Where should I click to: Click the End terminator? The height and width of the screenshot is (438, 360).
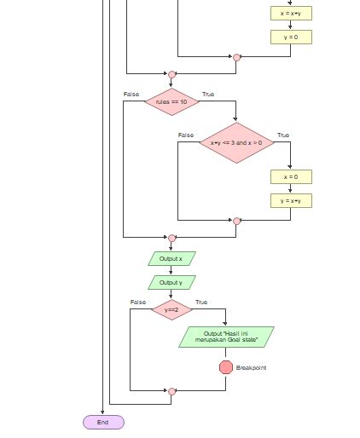(x=103, y=422)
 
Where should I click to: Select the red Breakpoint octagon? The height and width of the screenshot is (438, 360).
(x=226, y=367)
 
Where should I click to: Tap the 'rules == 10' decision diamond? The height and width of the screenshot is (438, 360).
(x=171, y=101)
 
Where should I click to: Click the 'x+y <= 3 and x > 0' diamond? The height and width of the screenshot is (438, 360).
(x=236, y=142)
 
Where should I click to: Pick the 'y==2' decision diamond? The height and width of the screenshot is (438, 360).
(x=171, y=310)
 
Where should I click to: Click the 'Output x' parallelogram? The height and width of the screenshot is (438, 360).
(x=171, y=258)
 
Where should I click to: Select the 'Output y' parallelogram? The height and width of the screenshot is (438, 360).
(x=171, y=282)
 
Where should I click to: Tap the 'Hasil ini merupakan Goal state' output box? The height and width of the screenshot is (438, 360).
(x=226, y=337)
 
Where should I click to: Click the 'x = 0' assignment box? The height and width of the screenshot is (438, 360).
(x=291, y=176)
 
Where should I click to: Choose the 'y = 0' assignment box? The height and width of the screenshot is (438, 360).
(x=291, y=37)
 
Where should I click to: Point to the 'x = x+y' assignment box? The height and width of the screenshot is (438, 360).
(x=291, y=13)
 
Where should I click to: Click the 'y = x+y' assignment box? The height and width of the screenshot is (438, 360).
(x=291, y=200)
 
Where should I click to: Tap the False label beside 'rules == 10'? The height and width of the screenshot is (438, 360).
(x=131, y=94)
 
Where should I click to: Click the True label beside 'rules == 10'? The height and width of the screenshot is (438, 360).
(x=208, y=94)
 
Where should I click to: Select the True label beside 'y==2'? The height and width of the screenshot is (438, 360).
(x=201, y=303)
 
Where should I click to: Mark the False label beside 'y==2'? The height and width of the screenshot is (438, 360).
(x=138, y=303)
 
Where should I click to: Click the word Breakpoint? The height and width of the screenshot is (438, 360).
(x=251, y=368)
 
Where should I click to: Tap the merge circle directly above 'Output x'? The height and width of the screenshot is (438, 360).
(x=171, y=238)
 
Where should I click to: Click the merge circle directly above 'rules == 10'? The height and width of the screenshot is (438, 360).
(x=171, y=74)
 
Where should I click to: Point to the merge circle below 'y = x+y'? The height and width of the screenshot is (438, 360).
(x=236, y=221)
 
